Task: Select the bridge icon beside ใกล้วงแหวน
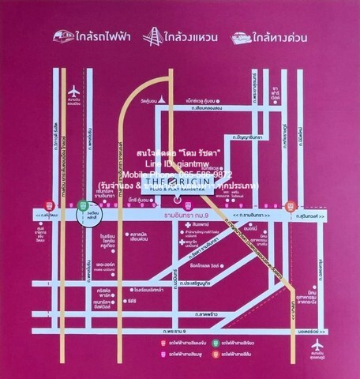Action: pyautogui.click(x=153, y=36)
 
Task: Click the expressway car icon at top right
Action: pyautogui.click(x=242, y=37)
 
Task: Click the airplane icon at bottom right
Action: pyautogui.click(x=317, y=346)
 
